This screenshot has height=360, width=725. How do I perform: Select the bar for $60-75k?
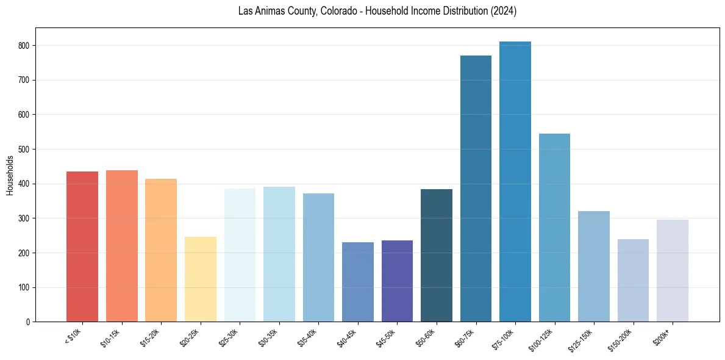pos(476,189)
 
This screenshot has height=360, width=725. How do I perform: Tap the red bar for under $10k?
pos(82,247)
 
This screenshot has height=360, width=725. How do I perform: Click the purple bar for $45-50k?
pos(397,281)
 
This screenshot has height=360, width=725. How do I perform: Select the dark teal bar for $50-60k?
pos(437,256)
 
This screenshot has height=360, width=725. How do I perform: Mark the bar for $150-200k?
pos(633,281)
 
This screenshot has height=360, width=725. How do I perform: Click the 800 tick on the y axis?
pos(26,46)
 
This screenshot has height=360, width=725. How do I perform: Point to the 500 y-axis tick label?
pos(26,149)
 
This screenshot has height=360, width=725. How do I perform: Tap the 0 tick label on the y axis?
pos(29,322)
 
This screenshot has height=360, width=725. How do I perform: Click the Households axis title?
pos(10,175)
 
